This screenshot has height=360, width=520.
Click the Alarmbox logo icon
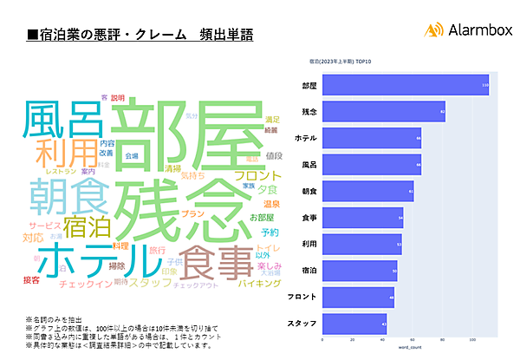[x=434, y=29]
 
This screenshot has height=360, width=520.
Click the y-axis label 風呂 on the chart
[x=308, y=162]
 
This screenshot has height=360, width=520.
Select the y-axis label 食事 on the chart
[x=308, y=217]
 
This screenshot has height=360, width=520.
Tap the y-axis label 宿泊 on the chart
[x=308, y=272]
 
